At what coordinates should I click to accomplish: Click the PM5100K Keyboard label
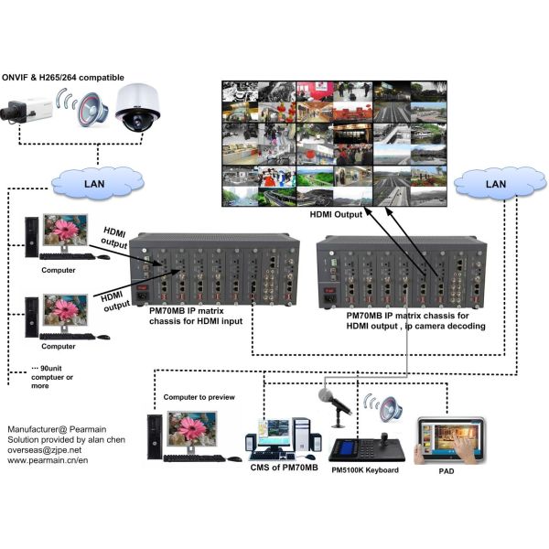point(364,470)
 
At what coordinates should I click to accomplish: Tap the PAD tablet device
point(449,441)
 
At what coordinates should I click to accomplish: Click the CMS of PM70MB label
point(282,468)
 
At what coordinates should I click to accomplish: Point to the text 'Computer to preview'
point(199,396)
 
